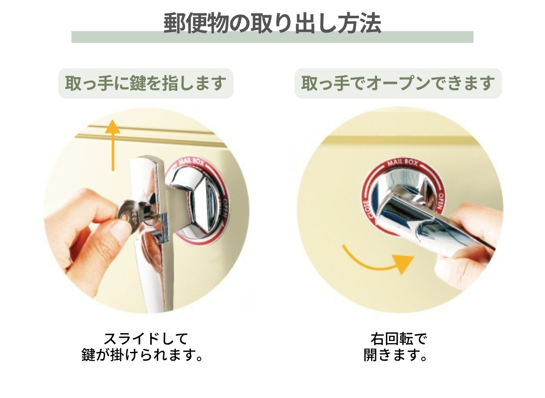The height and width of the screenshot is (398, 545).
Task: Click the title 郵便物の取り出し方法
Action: tap(272, 24)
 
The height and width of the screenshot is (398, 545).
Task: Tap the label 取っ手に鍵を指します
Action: tap(146, 84)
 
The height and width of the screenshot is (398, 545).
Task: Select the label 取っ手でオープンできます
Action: tap(398, 84)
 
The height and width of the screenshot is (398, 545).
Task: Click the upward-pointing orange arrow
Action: tap(112, 145)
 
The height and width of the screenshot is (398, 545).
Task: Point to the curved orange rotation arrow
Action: tap(376, 263)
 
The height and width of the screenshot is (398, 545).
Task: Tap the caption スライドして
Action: tap(146, 339)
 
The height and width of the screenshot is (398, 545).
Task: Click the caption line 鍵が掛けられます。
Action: tap(142, 355)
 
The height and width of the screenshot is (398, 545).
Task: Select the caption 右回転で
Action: tap(398, 339)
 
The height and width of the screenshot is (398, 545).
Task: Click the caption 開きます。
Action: tap(395, 355)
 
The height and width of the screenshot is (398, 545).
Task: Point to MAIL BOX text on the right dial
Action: tap(403, 163)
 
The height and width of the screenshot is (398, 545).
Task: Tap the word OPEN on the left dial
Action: tap(224, 208)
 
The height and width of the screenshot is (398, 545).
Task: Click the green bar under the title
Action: tap(272, 37)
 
